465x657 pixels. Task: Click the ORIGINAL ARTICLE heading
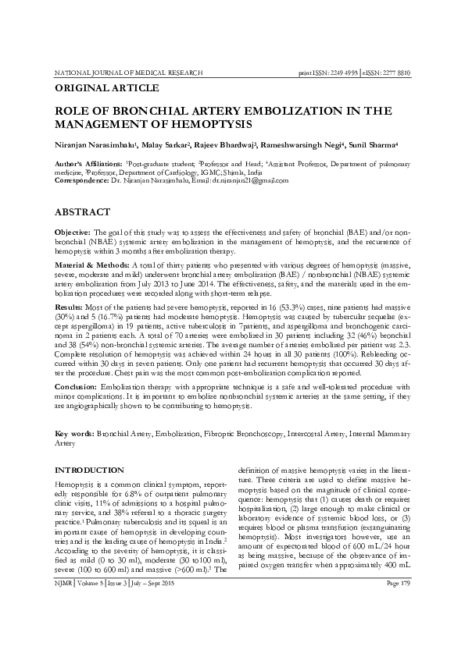[x=106, y=88]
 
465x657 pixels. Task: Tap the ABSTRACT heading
[x=82, y=211]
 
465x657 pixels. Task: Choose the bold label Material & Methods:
[x=88, y=267]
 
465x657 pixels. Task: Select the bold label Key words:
[x=73, y=431]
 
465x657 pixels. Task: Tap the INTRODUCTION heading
[x=87, y=471]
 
